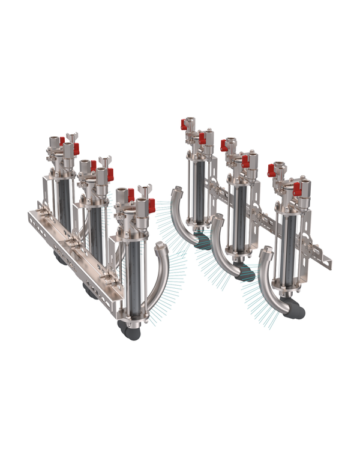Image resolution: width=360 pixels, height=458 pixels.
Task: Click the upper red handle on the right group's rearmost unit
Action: (182, 124)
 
